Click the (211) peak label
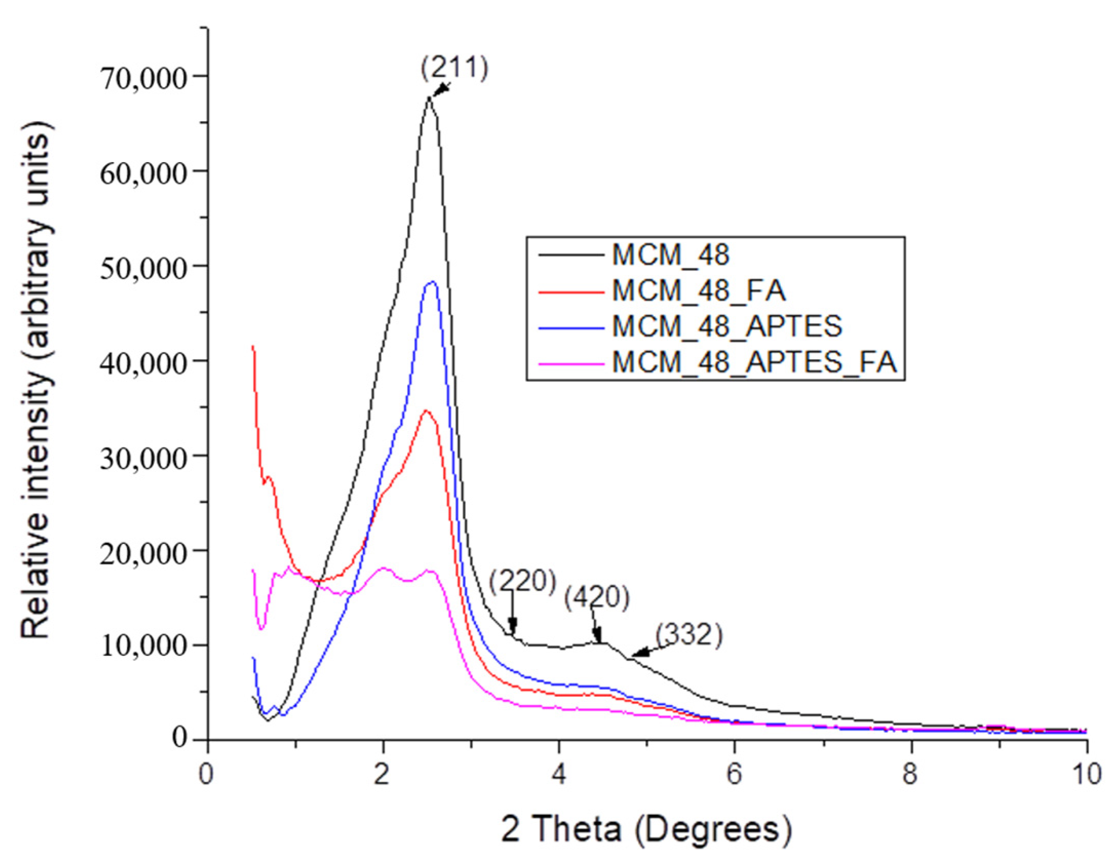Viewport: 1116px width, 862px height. click(454, 68)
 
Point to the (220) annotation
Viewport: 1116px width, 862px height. click(522, 581)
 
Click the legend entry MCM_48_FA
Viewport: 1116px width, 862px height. click(698, 291)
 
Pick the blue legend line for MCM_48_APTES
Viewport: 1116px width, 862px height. click(570, 327)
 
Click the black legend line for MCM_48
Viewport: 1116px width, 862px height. click(570, 255)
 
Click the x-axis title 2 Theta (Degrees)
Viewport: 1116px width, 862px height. click(646, 830)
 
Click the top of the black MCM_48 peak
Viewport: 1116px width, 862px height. click(429, 97)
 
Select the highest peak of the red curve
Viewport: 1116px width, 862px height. click(425, 410)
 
